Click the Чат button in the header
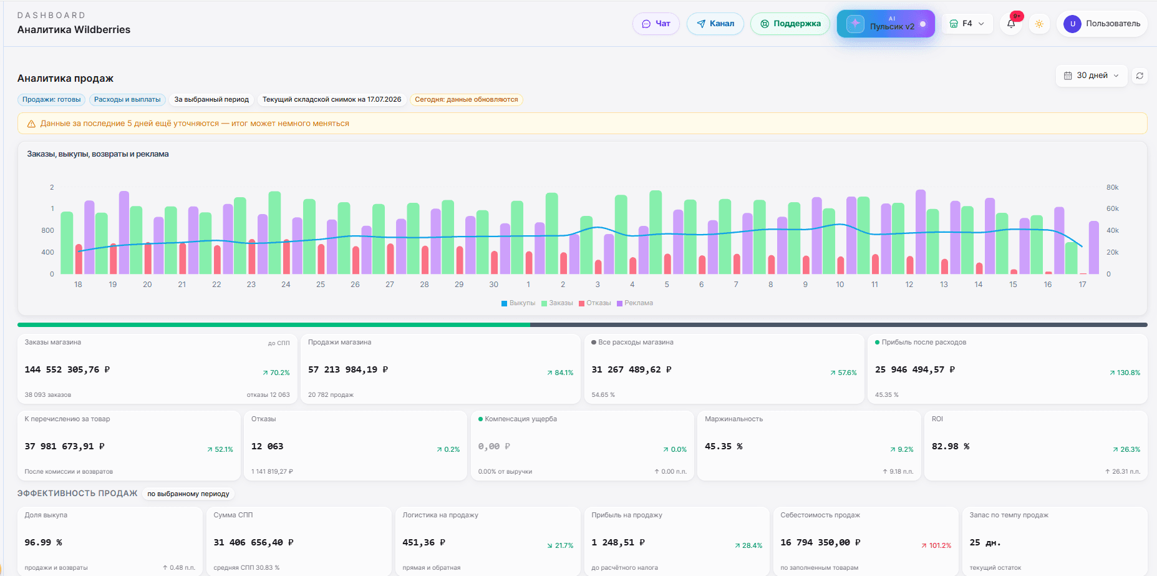coord(656,24)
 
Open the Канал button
coord(715,24)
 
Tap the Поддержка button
coord(790,24)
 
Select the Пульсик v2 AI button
coord(886,24)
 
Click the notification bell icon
coord(1011,24)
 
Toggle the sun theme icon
coord(1039,24)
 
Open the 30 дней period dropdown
coord(1092,76)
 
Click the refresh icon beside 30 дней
coord(1140,76)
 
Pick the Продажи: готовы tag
coord(52,99)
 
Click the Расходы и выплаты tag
coord(127,99)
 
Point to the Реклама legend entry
coord(635,303)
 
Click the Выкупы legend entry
coord(518,303)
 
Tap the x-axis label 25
coord(321,285)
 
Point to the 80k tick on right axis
coord(1113,187)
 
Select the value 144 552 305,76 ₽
coord(67,369)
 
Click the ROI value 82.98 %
coord(951,446)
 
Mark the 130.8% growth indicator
coord(1125,373)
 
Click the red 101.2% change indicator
coord(937,545)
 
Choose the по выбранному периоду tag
coord(188,494)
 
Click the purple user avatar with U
coord(1073,24)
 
